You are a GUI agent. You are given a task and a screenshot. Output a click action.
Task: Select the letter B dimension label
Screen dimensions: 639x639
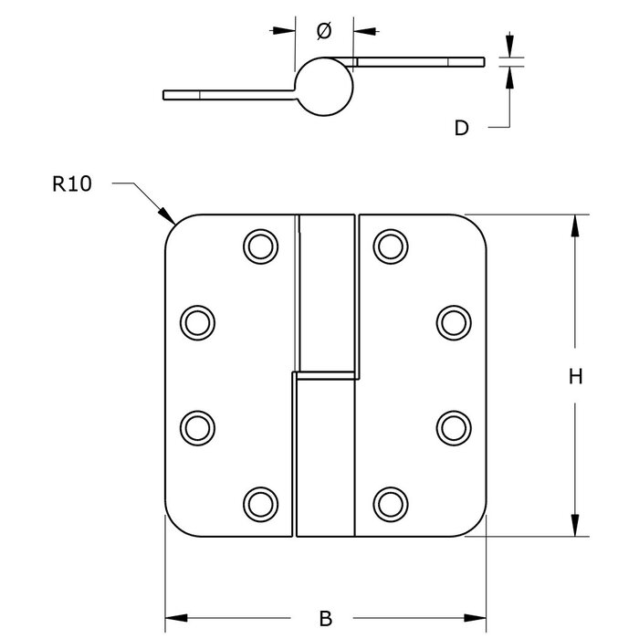[326, 619]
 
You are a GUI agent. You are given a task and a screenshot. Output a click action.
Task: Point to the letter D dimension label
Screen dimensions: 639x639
[462, 128]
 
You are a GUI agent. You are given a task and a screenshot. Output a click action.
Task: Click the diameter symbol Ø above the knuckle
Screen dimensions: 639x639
[323, 31]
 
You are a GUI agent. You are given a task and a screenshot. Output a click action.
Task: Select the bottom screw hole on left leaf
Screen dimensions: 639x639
[260, 501]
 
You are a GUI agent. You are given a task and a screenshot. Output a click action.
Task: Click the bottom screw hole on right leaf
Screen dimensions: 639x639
[390, 501]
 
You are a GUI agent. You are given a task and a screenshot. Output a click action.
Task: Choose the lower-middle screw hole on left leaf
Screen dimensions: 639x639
[196, 426]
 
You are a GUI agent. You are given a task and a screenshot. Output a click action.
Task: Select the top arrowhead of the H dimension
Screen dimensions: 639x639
[575, 223]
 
